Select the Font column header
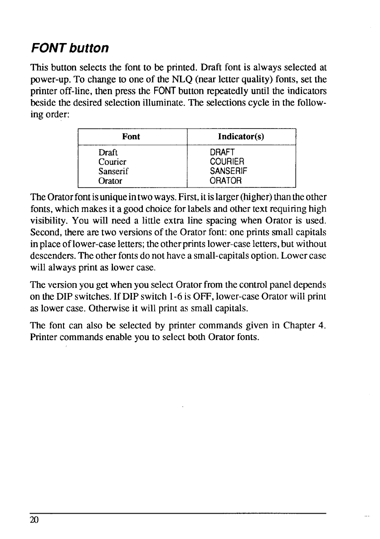click(132, 136)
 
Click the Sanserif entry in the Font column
click(114, 171)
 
